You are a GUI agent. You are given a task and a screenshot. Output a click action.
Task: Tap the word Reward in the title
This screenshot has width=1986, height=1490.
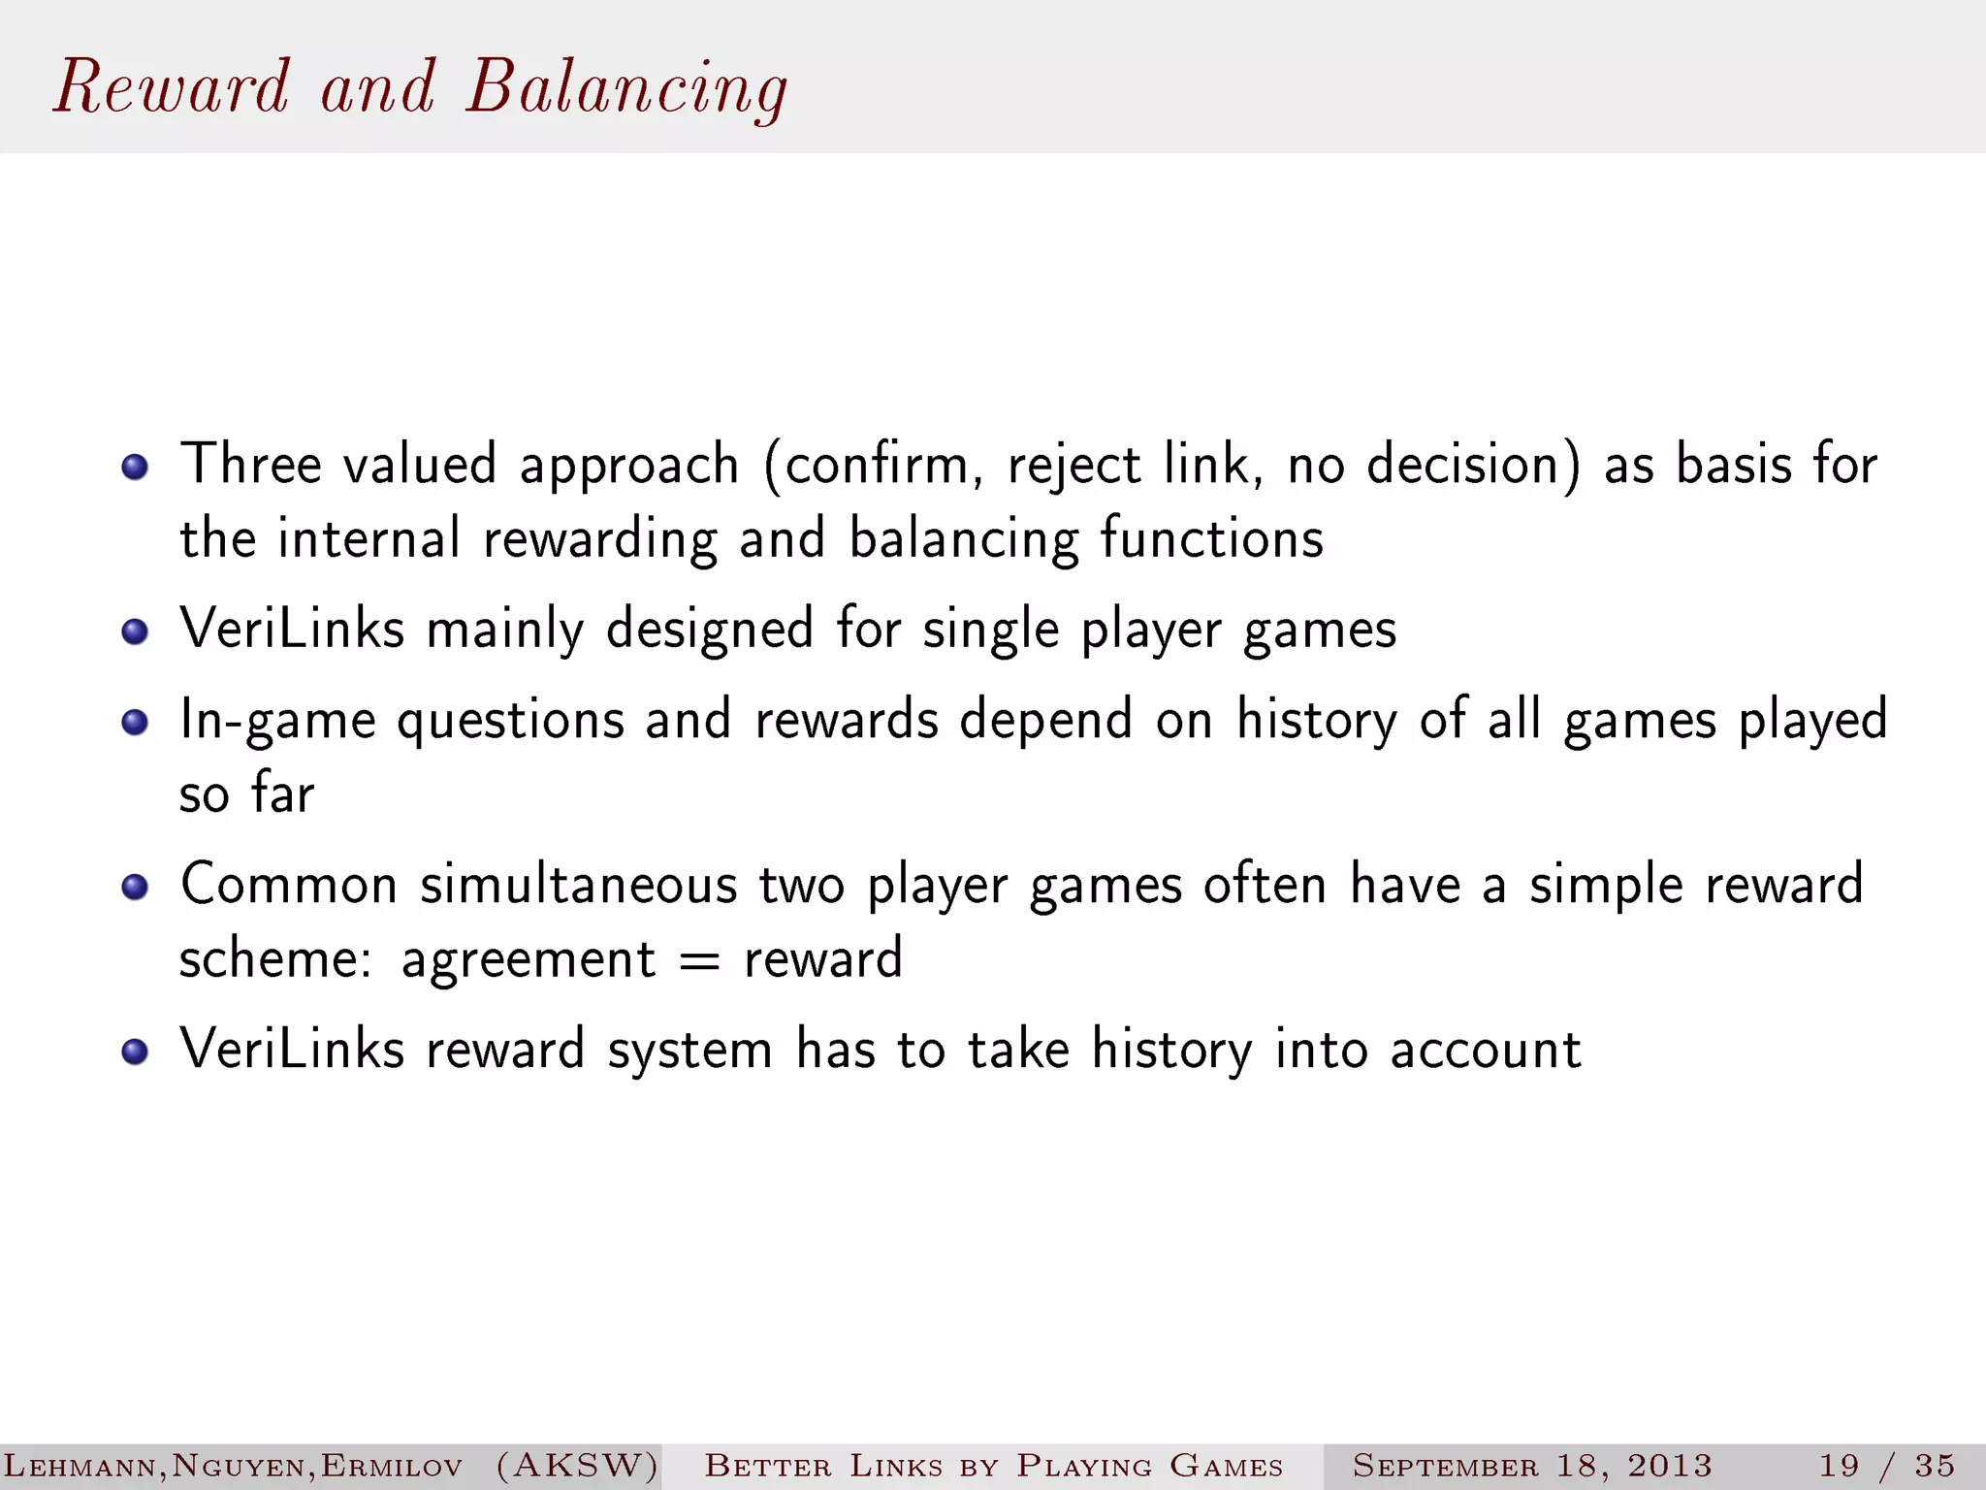click(172, 87)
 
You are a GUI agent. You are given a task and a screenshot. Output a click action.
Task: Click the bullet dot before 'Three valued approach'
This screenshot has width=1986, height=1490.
click(135, 468)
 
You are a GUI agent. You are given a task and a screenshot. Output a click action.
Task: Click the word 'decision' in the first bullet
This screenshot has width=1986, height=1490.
click(1472, 464)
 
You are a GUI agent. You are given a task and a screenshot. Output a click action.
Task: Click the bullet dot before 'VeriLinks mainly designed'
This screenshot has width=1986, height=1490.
click(135, 632)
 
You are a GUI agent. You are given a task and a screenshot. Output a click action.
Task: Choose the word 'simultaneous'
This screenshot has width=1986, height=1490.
click(578, 885)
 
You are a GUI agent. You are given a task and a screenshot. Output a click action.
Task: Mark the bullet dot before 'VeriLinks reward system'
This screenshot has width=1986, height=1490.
click(135, 1052)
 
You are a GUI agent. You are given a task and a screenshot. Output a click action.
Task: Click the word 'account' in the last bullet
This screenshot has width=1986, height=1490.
click(1485, 1050)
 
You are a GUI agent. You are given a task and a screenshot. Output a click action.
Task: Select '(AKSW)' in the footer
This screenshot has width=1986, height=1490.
click(577, 1465)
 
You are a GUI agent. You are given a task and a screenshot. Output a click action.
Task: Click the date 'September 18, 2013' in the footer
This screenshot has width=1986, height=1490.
click(1532, 1465)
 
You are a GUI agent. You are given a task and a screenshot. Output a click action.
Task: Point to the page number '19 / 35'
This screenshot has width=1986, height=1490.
click(1886, 1465)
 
